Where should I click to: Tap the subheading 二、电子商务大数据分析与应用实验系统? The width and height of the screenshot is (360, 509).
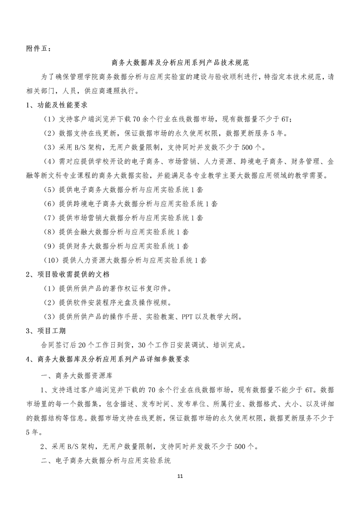click(106, 460)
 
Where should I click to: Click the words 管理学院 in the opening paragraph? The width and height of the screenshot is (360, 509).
click(87, 77)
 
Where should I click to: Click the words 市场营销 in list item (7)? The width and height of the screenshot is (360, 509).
click(87, 218)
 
